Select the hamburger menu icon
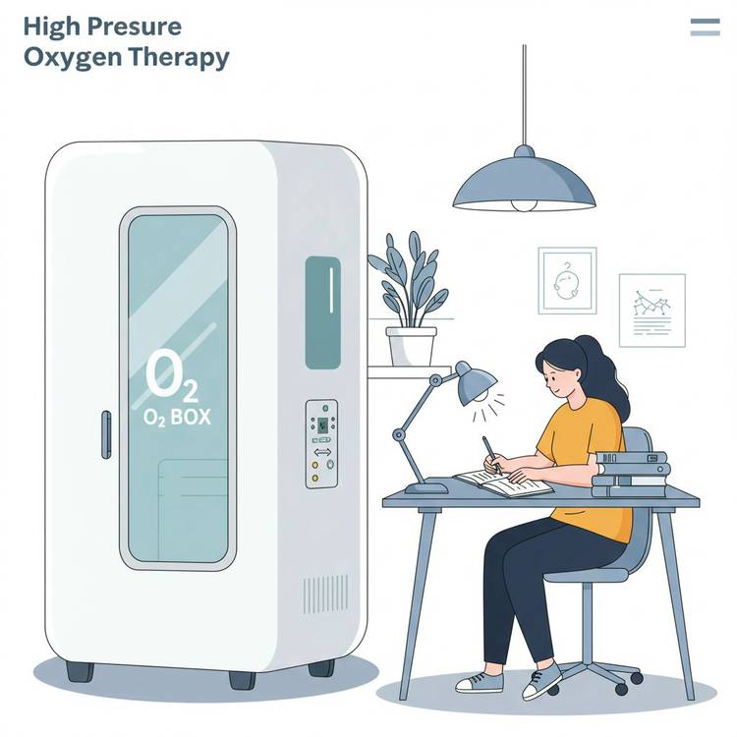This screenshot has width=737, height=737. pos(705,27)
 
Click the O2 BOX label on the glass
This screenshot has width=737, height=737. pos(177,417)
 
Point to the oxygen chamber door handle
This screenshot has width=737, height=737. pos(107,434)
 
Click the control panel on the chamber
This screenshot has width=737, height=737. pos(322,444)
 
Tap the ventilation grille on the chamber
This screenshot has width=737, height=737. pos(325,594)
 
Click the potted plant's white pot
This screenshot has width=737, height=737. pos(412,347)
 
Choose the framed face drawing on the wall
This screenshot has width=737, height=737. pos(567,281)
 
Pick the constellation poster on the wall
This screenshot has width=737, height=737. pos(652,311)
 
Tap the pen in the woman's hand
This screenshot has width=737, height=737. pos(490,454)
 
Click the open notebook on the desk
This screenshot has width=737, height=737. pos(504,482)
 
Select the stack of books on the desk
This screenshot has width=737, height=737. pos(631,475)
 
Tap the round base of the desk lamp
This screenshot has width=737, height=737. pos(426,488)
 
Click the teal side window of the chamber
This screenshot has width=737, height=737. pos(323,312)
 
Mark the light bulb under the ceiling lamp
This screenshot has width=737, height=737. pos(524,205)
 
